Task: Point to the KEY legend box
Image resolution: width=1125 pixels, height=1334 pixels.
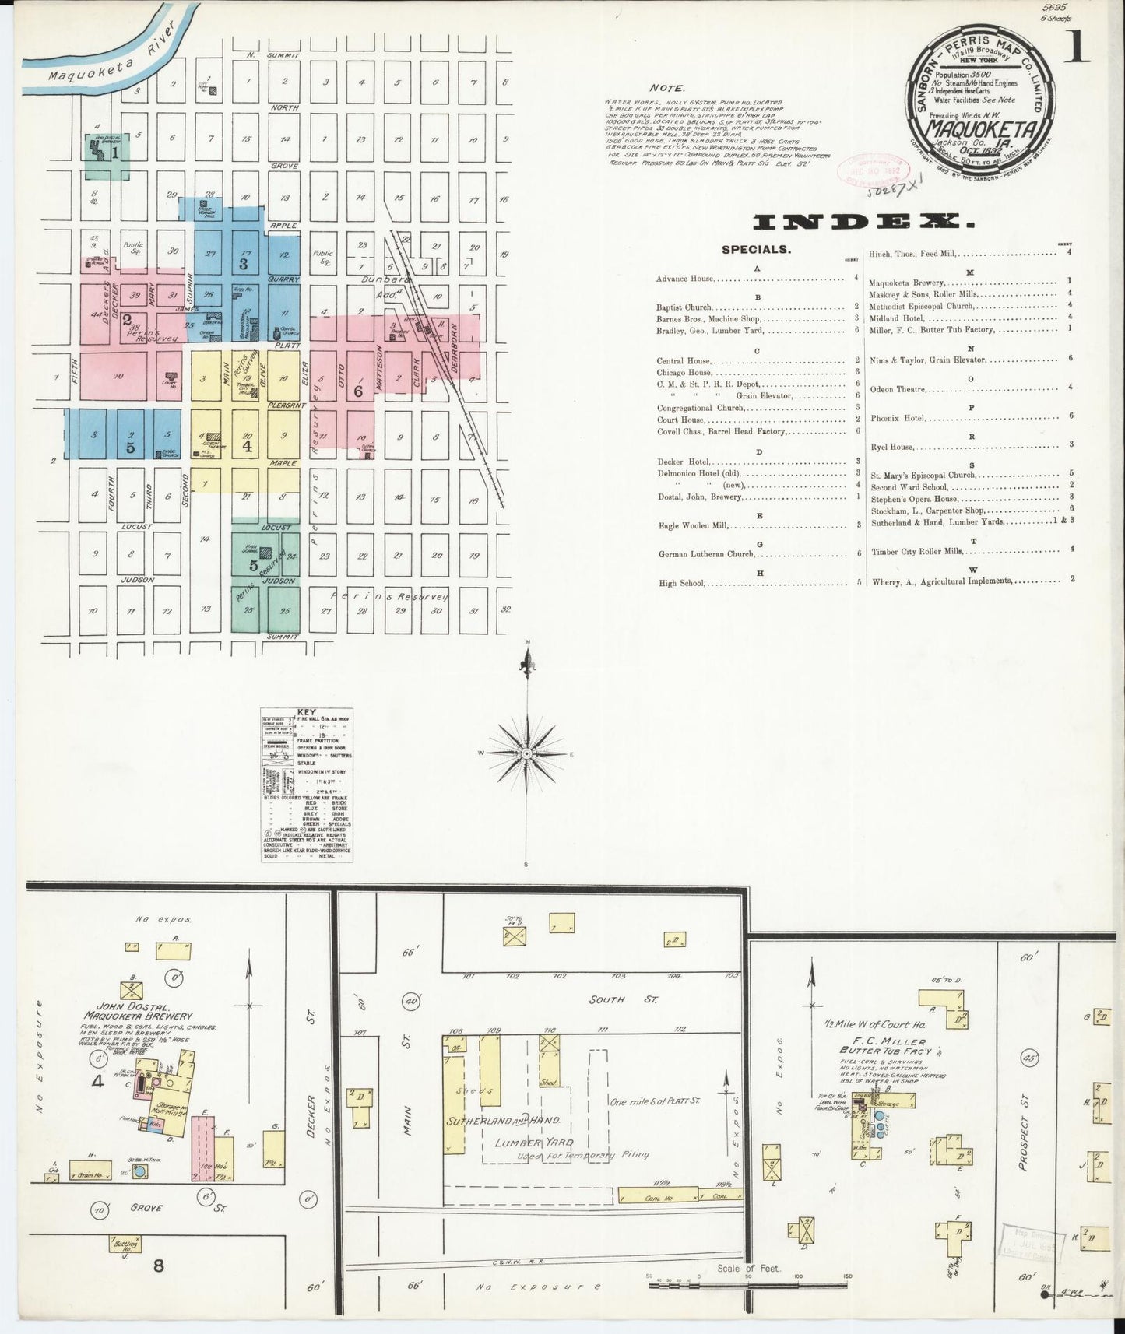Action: pos(307,785)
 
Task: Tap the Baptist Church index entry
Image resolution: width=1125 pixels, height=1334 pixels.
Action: pos(684,307)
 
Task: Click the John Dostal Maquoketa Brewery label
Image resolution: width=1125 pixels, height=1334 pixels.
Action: pos(139,1011)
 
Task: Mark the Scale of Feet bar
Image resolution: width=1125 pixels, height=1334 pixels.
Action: pos(747,1280)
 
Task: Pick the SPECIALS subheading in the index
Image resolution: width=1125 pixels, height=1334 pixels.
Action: pos(756,250)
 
